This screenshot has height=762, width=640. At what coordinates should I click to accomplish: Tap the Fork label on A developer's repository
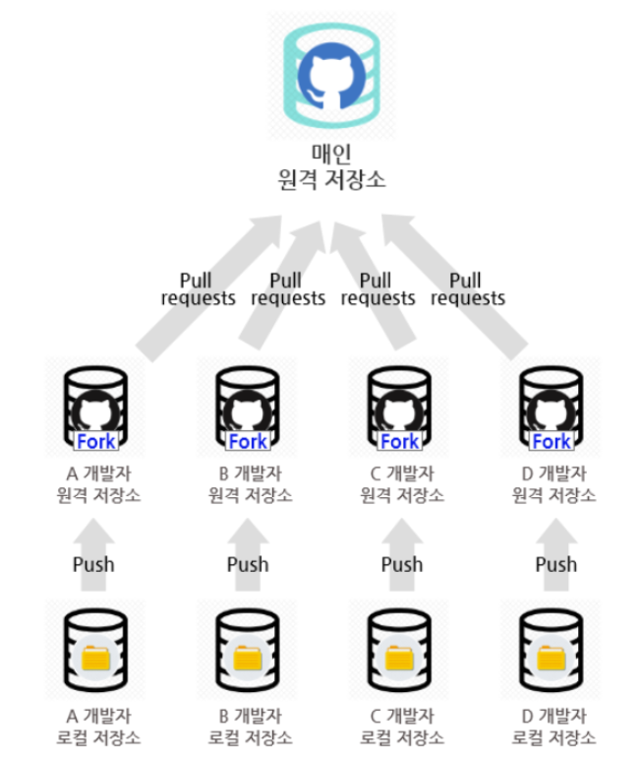pos(95,440)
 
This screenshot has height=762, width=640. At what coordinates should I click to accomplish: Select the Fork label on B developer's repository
pos(248,440)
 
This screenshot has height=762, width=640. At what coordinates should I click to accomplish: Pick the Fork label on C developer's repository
pos(399,440)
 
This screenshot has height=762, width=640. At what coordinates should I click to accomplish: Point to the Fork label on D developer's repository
pos(552,440)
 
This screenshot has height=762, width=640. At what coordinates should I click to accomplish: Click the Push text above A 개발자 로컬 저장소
pos(93,564)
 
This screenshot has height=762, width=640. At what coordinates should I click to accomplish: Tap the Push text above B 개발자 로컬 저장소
pos(248,564)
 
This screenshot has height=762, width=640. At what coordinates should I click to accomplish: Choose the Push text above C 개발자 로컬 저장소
pos(401,564)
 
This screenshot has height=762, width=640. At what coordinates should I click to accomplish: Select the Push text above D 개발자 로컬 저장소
pos(555,564)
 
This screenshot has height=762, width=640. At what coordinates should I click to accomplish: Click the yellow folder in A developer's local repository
pos(95,656)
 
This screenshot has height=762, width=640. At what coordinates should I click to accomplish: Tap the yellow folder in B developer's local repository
pos(248,656)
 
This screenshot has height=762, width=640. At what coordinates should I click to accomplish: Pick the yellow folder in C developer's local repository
pos(399,656)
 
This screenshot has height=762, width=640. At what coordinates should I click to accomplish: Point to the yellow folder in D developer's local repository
pos(552,656)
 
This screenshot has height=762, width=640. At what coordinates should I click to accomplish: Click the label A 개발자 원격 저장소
pos(98,483)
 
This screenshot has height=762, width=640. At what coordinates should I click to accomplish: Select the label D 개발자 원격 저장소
pos(554,483)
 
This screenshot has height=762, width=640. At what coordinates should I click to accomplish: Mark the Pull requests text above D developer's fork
pos(468,289)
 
